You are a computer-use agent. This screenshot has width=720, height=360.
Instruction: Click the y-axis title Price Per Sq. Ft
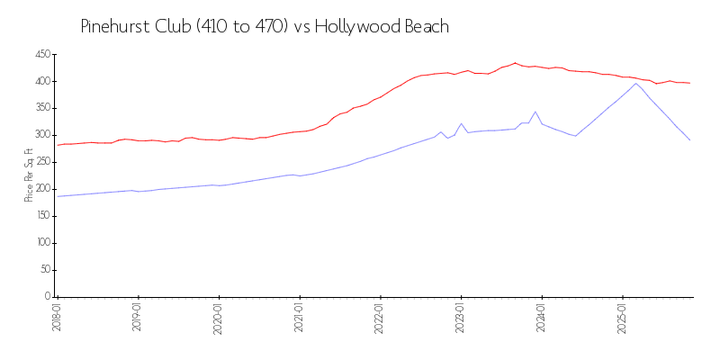(x=29, y=175)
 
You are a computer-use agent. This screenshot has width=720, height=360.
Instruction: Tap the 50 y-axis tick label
(x=45, y=270)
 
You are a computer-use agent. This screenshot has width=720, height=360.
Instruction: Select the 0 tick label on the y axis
(x=48, y=296)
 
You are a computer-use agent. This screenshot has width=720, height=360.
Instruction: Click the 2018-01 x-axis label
(x=57, y=317)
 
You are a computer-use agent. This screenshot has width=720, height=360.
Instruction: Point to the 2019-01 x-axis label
(x=138, y=317)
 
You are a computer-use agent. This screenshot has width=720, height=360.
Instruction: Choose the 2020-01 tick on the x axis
(x=219, y=317)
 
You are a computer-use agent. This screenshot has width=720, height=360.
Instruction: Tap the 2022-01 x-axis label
(x=381, y=317)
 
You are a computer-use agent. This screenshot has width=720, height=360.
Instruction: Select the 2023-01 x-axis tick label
(x=462, y=317)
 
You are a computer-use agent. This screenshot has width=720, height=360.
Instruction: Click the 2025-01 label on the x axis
(x=623, y=317)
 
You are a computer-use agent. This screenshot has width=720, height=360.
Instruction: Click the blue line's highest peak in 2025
(x=636, y=83)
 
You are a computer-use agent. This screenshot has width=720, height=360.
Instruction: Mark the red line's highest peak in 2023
(x=515, y=63)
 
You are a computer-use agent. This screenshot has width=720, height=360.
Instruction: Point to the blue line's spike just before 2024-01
(x=535, y=112)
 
